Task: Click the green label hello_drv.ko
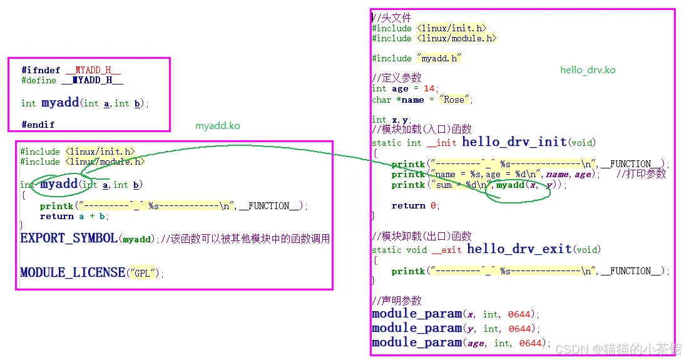click(x=588, y=70)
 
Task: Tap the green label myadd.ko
click(x=217, y=126)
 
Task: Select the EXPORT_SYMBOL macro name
click(x=69, y=239)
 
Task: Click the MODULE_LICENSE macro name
click(x=73, y=272)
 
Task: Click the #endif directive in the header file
click(x=38, y=125)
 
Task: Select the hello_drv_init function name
click(x=514, y=142)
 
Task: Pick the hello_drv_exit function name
click(x=519, y=249)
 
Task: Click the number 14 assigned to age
click(x=429, y=89)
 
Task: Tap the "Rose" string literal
click(x=454, y=100)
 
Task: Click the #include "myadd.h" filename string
click(x=439, y=58)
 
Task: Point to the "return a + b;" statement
click(x=74, y=216)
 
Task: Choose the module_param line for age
click(x=461, y=342)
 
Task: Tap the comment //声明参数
click(x=397, y=301)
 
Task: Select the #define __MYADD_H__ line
click(x=72, y=81)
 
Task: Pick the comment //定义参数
click(x=397, y=78)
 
